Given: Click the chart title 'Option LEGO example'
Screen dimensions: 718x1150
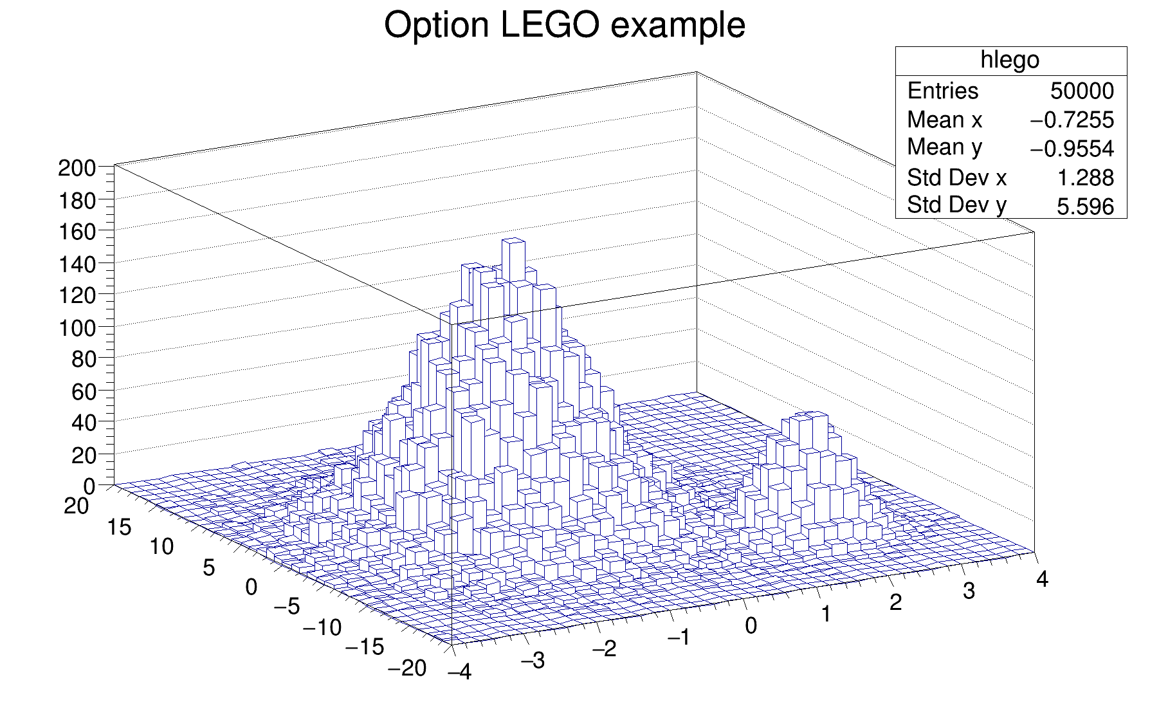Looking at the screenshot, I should [564, 26].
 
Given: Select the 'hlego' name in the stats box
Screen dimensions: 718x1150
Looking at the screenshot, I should [1010, 60].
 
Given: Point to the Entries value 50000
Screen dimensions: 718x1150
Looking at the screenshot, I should [1082, 91].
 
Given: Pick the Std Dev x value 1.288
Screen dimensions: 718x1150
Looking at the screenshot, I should [1086, 178].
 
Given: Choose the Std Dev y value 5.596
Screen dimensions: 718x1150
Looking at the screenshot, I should [1085, 206].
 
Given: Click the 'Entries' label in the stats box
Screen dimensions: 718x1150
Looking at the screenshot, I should [942, 91].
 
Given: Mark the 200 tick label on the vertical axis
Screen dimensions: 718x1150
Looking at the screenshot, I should [77, 169].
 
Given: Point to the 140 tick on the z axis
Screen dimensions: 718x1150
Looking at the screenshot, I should [77, 264].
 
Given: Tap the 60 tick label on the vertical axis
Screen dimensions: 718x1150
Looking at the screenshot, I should [84, 391].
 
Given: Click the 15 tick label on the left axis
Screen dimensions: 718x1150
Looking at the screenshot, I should [119, 528].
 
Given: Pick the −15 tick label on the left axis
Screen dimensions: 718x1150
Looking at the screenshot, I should [365, 647].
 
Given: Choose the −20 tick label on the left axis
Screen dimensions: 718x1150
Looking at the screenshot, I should [407, 668].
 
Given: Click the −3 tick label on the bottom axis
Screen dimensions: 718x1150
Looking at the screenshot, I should [533, 661].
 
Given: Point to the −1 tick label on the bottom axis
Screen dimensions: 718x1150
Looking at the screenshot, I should [679, 637].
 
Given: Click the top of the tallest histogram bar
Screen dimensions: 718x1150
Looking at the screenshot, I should [513, 241].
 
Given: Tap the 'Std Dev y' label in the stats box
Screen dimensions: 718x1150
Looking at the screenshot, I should [956, 205].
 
